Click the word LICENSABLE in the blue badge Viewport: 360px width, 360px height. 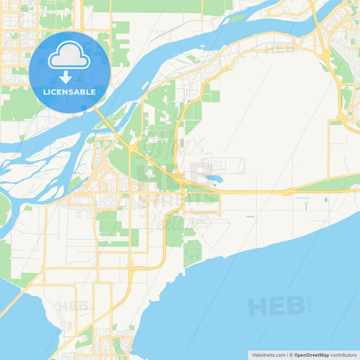click(70, 91)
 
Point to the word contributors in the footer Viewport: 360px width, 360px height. click(343, 354)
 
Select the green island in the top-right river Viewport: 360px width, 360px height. click(238, 18)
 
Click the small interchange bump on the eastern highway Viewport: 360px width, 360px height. click(288, 192)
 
